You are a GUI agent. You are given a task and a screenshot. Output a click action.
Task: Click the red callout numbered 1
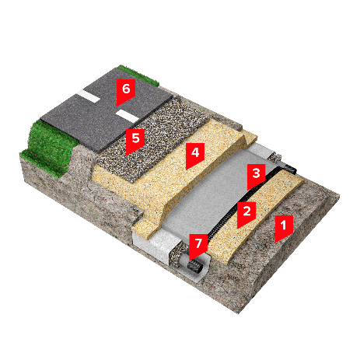pos(284,227)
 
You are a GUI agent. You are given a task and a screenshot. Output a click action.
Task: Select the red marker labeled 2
pos(246,213)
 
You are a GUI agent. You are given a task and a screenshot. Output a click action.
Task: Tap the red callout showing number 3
pos(256,175)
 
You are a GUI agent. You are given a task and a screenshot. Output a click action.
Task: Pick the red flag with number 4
pos(195,155)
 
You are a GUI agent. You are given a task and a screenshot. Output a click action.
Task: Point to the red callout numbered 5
pos(135,140)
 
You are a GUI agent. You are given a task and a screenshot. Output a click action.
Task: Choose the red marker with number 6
pos(126,91)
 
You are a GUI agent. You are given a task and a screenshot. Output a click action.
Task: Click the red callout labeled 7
pos(198,246)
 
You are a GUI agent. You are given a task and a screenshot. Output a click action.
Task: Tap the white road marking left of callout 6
pos(89,96)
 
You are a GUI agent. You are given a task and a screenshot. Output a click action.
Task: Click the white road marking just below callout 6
pos(127,116)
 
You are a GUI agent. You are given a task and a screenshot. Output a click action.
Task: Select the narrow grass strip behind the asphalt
pos(138,75)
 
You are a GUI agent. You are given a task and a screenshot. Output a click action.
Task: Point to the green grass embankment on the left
pos(48,148)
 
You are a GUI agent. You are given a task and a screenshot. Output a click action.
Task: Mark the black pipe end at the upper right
pos(290,169)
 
